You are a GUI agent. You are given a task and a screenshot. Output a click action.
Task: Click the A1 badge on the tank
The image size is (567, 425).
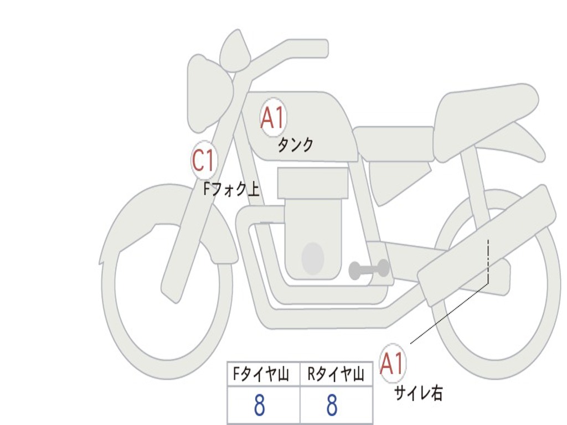click(x=272, y=118)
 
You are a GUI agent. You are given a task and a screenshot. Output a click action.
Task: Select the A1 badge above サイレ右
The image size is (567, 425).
click(x=392, y=364)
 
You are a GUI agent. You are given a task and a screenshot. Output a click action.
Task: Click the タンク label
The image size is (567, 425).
click(x=295, y=145)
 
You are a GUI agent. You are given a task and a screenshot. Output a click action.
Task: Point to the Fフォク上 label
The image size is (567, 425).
click(x=231, y=190)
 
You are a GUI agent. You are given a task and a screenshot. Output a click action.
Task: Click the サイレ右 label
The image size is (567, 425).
click(x=418, y=393)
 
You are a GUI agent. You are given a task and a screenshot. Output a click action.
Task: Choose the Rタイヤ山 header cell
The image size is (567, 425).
click(x=336, y=375)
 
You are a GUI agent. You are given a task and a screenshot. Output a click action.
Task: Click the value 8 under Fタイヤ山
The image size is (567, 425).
click(x=259, y=406)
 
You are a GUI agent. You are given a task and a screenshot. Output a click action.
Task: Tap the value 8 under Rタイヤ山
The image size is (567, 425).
click(x=332, y=406)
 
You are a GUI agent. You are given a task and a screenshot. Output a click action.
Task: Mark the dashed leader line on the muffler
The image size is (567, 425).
click(x=487, y=260)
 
